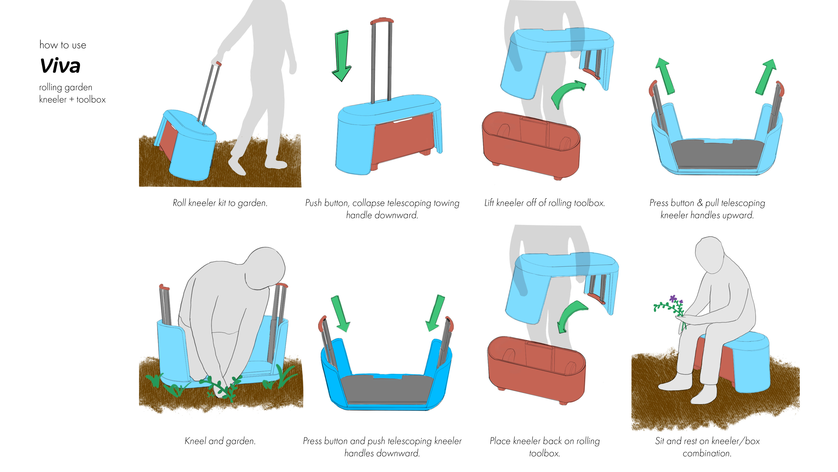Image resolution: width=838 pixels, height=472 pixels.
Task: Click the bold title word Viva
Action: (x=60, y=66)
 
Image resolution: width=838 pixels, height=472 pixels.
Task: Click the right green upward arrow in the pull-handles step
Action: (x=766, y=77)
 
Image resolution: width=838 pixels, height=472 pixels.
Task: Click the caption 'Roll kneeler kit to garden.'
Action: (x=220, y=203)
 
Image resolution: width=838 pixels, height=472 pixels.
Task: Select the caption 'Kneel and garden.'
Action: (x=220, y=441)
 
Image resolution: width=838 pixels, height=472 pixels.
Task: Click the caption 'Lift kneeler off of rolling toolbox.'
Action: (x=544, y=203)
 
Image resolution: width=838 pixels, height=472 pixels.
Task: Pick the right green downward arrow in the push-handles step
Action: (x=435, y=313)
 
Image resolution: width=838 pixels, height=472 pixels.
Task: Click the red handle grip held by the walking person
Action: (x=218, y=64)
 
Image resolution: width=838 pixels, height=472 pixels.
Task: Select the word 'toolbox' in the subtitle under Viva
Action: (x=91, y=99)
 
